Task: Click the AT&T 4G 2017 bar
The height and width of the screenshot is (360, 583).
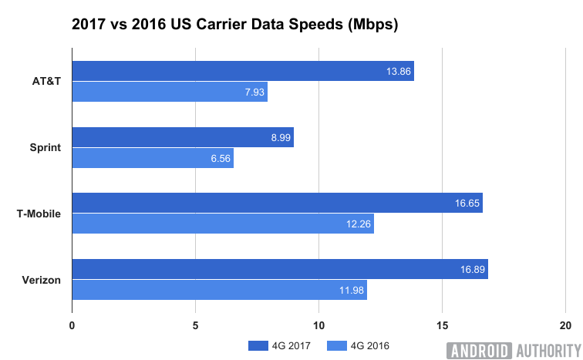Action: [x=243, y=71]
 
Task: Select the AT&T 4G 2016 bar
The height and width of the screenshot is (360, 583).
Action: [x=170, y=92]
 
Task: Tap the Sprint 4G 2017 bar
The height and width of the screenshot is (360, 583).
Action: [x=183, y=137]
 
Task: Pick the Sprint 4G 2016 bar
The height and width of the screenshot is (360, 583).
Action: [x=153, y=158]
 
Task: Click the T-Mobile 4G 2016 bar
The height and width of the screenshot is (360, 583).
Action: [x=223, y=224]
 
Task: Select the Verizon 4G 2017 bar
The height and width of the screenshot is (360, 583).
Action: [x=280, y=269]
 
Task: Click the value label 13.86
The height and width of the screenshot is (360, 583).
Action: [x=397, y=71]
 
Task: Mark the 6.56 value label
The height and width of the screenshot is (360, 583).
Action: [x=217, y=158]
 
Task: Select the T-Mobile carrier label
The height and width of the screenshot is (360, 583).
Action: [x=39, y=214]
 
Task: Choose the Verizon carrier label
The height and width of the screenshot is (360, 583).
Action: [x=42, y=280]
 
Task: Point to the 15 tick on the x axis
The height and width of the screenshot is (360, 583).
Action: [x=442, y=325]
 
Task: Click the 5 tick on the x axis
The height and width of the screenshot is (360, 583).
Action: [x=195, y=325]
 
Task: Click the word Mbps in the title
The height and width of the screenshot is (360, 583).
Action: [x=372, y=25]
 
